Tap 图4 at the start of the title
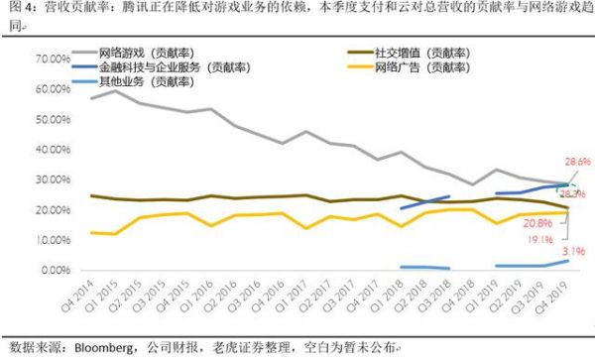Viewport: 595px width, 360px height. coord(16,9)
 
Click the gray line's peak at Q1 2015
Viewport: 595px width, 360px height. coord(117,90)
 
